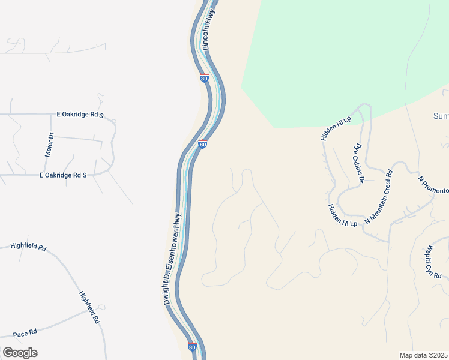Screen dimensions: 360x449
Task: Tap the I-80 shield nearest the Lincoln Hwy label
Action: (204, 77)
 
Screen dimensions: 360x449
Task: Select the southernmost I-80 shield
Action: (192, 346)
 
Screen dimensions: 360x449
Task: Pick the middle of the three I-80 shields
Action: (203, 145)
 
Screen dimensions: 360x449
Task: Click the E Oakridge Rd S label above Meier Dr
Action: (80, 114)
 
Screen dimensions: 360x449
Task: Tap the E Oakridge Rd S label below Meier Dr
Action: (63, 175)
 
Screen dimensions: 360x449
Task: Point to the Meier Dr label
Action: (50, 145)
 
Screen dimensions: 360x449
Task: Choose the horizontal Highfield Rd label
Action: (28, 247)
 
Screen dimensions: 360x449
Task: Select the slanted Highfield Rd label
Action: (89, 308)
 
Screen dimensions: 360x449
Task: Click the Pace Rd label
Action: (25, 332)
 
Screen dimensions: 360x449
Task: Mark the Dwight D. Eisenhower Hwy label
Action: (172, 259)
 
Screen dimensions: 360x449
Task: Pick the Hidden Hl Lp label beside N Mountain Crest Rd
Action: (342, 215)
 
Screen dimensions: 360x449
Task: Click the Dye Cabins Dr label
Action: (359, 161)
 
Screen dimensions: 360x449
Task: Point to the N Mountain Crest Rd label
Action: (378, 197)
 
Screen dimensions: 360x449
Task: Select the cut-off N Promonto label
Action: (433, 185)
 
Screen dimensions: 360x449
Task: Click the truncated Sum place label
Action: (441, 116)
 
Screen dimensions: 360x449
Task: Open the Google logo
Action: (20, 353)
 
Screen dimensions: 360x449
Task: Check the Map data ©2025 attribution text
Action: (424, 355)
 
